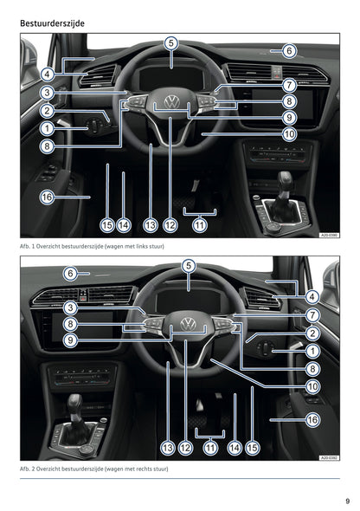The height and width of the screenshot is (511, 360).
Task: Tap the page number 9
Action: pyautogui.click(x=346, y=499)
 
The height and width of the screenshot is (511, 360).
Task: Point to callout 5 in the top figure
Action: pyautogui.click(x=170, y=42)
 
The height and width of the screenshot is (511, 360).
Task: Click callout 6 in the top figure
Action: pyautogui.click(x=289, y=51)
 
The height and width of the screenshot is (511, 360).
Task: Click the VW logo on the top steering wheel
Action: pyautogui.click(x=171, y=104)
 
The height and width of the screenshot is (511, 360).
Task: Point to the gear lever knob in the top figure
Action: pyautogui.click(x=285, y=179)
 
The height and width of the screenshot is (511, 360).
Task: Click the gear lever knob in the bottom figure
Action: pyautogui.click(x=76, y=403)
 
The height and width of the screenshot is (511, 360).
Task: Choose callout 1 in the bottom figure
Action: pyautogui.click(x=312, y=351)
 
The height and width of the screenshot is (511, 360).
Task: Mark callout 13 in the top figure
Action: pyautogui.click(x=150, y=225)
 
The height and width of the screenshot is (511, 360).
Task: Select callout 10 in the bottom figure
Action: pyautogui.click(x=312, y=385)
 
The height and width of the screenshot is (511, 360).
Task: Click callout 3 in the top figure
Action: pyautogui.click(x=47, y=92)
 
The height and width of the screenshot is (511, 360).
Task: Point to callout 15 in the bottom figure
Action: pyautogui.click(x=252, y=448)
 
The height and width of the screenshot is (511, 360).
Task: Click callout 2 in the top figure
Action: pyautogui.click(x=47, y=111)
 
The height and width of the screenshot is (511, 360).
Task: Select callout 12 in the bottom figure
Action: pyautogui.click(x=184, y=448)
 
